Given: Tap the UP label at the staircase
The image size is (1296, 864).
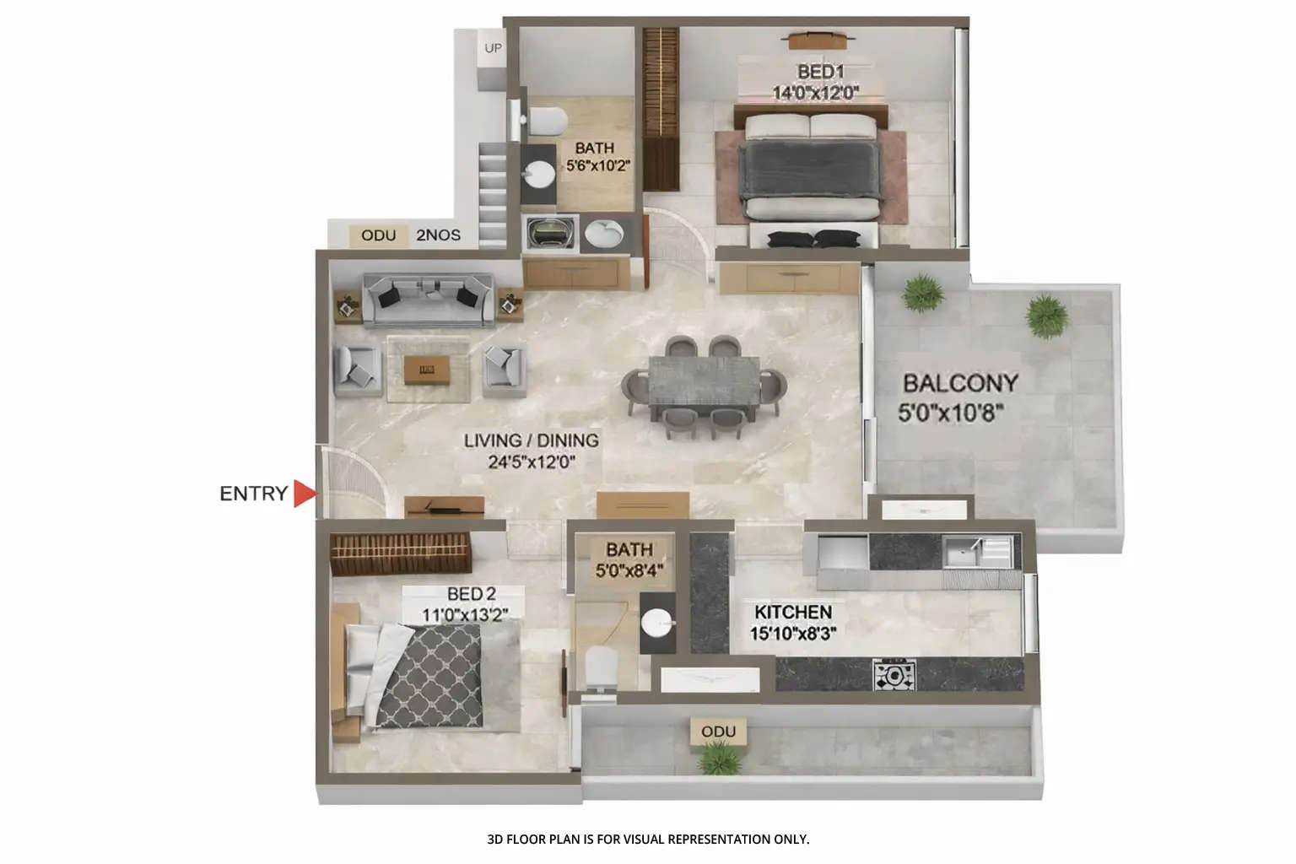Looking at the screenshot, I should coord(493,48).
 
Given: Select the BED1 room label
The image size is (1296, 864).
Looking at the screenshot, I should coord(820,72).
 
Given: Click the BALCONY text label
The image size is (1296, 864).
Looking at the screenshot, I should coord(960,383).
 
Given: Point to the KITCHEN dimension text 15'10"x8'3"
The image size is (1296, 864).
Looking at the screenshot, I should coord(793,633).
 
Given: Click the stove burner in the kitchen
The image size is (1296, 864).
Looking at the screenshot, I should coord(894,675).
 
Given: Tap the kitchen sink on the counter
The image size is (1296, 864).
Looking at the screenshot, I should coord(962,553).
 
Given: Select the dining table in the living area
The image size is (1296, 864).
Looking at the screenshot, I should coord(705,386).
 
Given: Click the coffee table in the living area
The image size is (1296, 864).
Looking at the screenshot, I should coord(427,369).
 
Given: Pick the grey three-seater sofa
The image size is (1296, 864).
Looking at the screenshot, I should coord(428,300).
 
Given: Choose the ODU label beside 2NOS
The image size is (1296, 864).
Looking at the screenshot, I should coord(378,235).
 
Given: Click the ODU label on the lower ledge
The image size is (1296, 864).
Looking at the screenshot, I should coord(718,732).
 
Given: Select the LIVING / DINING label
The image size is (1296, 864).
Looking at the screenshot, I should coord(531,440).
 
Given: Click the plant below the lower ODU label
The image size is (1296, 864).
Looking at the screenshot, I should coord(720,757).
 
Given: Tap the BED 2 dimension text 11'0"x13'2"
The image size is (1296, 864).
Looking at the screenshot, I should coord(465,614).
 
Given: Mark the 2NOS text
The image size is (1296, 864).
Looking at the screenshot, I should coord(438,235).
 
